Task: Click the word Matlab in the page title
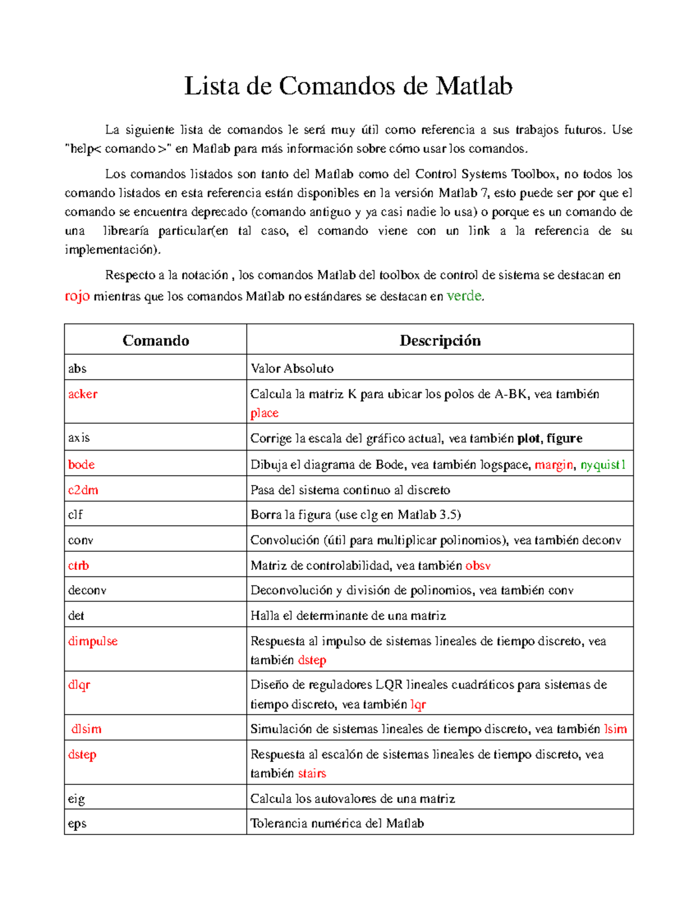474,87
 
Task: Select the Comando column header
155,340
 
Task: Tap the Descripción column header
440,340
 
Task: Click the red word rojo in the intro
77,296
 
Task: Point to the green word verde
464,296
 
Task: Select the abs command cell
77,368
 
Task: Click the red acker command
83,394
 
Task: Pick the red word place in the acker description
264,413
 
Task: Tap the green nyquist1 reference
603,465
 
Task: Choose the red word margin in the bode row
554,465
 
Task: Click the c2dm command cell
83,490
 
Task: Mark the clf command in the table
76,515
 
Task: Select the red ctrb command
79,565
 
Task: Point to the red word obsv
478,565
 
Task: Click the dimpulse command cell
92,641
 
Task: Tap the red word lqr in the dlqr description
418,704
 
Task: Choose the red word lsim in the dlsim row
615,729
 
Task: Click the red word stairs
312,773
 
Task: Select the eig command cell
76,798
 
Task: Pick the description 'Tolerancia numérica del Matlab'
337,823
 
